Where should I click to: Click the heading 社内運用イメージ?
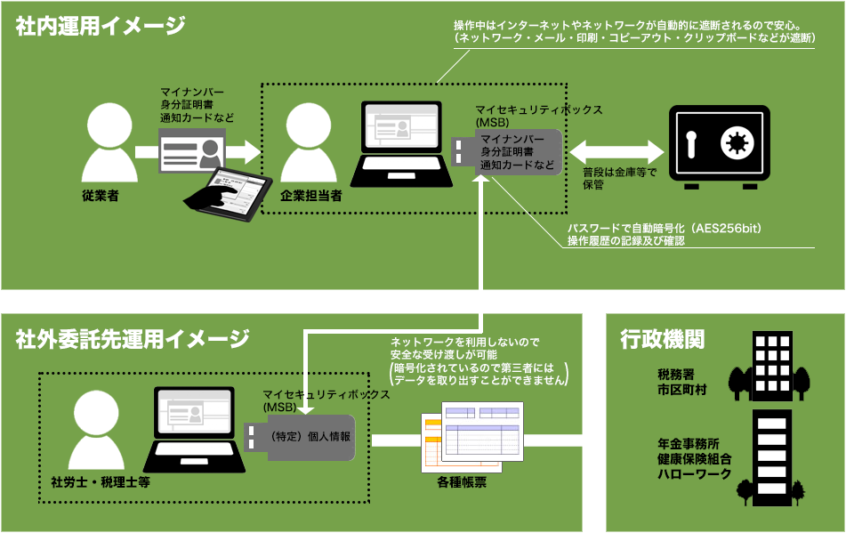click(101, 26)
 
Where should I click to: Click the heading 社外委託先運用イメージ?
click(133, 338)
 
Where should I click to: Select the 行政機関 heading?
click(663, 338)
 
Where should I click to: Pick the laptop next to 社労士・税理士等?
click(193, 430)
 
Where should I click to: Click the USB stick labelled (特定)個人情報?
click(301, 438)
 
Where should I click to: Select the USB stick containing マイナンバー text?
click(507, 152)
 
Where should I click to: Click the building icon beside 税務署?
click(769, 367)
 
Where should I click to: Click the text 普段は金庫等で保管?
click(619, 179)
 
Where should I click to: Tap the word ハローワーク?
click(694, 474)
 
